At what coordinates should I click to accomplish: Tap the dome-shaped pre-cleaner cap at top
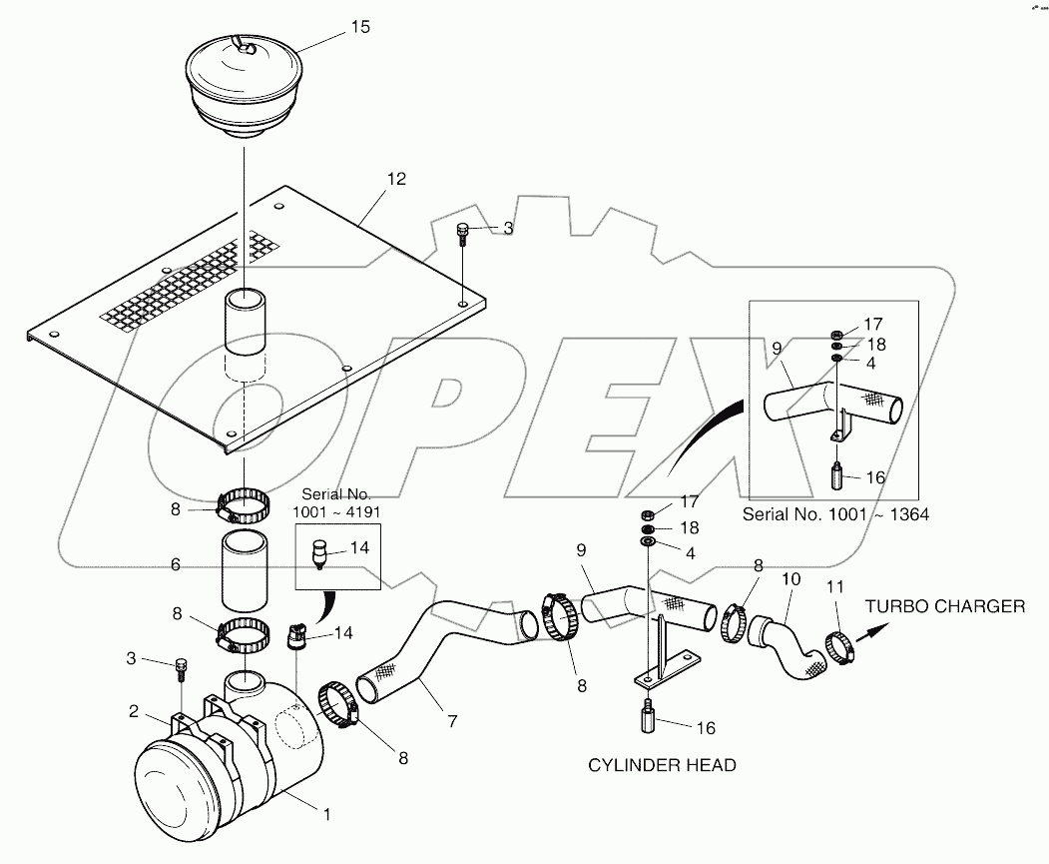pyautogui.click(x=243, y=80)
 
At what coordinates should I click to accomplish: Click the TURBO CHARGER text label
pyautogui.click(x=944, y=606)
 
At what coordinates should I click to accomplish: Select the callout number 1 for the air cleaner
pyautogui.click(x=326, y=814)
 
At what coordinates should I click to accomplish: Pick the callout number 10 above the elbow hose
pyautogui.click(x=790, y=578)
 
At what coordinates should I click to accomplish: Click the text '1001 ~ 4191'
pyautogui.click(x=333, y=512)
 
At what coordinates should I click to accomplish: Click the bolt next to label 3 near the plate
pyautogui.click(x=462, y=235)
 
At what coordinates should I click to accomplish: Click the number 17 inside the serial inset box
pyautogui.click(x=873, y=324)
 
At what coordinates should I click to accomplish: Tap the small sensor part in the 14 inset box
pyautogui.click(x=319, y=552)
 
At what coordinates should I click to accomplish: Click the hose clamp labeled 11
pyautogui.click(x=837, y=647)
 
